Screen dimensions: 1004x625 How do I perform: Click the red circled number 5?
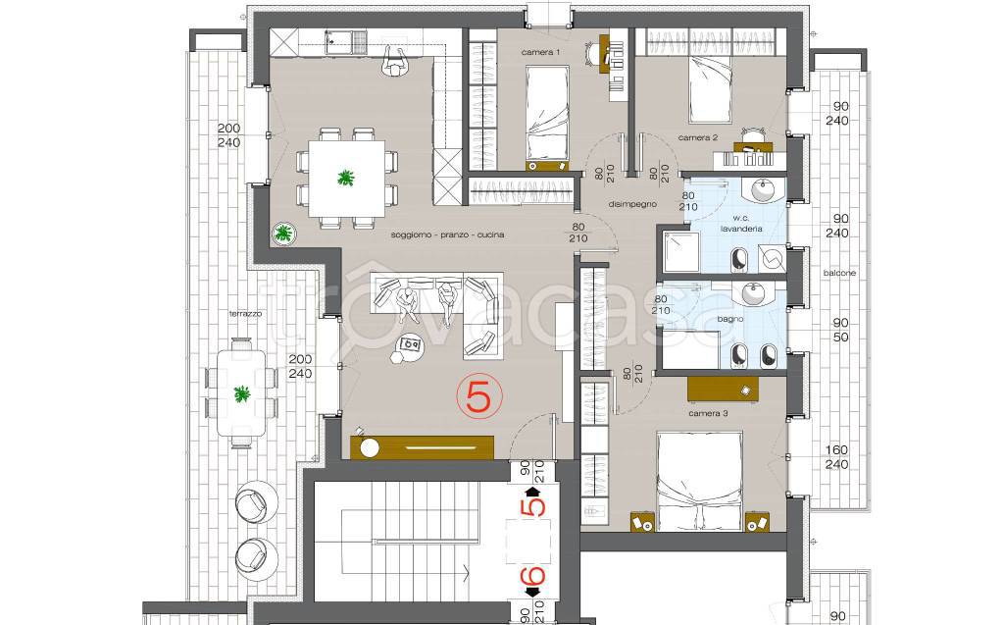point(478,396)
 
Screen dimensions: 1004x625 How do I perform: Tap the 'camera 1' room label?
point(540,53)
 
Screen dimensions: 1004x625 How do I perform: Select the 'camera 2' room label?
point(698,137)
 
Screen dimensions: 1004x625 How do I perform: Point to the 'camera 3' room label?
point(708,414)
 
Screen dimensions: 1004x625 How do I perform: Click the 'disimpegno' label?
point(632,204)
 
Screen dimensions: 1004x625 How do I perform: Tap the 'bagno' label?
point(729,319)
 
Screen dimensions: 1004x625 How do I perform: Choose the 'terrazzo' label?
point(246,314)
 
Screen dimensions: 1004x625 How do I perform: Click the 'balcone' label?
point(839,273)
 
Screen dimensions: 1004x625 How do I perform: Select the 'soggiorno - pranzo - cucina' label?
point(447,235)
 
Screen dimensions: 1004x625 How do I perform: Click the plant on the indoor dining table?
point(346,177)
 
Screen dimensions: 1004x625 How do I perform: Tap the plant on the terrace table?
point(241,393)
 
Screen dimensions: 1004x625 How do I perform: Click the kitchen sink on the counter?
point(346,42)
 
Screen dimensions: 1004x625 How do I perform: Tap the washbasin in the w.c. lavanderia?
point(762,189)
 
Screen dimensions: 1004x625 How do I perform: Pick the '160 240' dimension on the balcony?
point(836,457)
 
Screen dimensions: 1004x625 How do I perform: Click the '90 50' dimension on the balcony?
point(840,330)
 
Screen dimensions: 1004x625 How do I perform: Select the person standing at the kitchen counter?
point(396,62)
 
